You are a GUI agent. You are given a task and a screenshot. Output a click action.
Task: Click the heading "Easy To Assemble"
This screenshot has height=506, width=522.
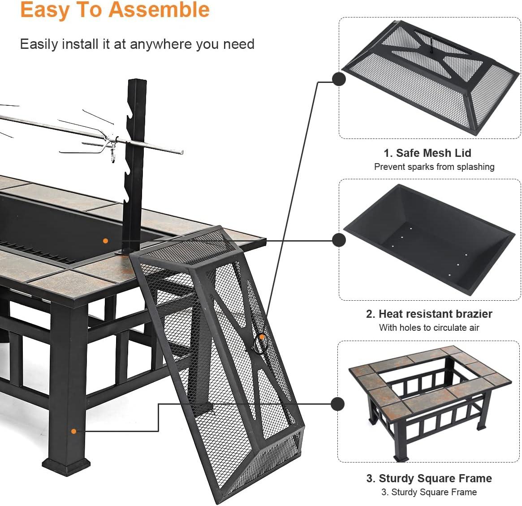pyautogui.click(x=115, y=10)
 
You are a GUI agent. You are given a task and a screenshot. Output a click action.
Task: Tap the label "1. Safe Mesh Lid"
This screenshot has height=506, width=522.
pyautogui.click(x=427, y=153)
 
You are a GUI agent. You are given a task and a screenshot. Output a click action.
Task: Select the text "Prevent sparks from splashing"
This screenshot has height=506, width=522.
pyautogui.click(x=434, y=167)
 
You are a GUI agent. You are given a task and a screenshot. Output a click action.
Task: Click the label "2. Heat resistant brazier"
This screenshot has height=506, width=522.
pyautogui.click(x=429, y=314)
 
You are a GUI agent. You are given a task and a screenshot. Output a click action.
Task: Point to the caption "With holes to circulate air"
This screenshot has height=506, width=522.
pyautogui.click(x=429, y=328)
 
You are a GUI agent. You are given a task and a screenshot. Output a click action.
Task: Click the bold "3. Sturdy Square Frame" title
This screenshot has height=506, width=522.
pyautogui.click(x=429, y=478)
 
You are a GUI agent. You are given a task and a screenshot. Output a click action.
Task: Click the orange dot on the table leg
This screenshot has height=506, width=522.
pyautogui.click(x=74, y=431)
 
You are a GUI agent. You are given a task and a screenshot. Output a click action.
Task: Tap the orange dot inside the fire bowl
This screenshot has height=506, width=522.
pyautogui.click(x=105, y=241)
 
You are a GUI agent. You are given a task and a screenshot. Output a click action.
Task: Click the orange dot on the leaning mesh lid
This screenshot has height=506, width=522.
pyautogui.click(x=262, y=336)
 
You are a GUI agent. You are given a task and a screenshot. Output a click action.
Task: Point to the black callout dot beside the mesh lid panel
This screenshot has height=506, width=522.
pyautogui.click(x=339, y=79)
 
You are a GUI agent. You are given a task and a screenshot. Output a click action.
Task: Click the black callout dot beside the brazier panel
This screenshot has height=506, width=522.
pyautogui.click(x=339, y=240)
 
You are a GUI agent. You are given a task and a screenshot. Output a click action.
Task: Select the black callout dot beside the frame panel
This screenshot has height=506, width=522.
pyautogui.click(x=338, y=404)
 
